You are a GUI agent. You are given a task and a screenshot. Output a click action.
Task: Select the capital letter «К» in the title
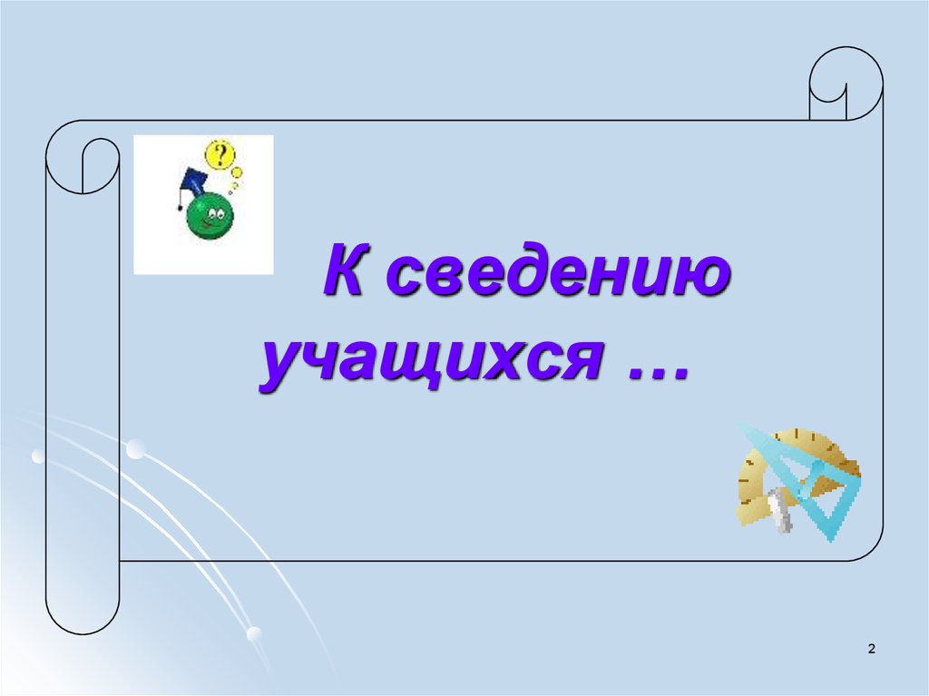pos(345,270)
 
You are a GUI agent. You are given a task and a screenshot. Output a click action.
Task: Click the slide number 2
pos(871,649)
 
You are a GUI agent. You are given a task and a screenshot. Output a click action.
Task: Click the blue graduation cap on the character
pos(194,181)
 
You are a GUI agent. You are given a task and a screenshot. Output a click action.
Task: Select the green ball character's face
pos(210,215)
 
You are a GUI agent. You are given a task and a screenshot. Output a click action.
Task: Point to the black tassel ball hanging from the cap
pos(180,208)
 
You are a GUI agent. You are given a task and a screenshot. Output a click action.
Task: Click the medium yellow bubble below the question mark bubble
pos(237,172)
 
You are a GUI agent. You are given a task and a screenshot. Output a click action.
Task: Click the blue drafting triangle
pos(813,481)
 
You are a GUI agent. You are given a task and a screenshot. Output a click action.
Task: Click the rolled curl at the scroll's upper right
pos(846,83)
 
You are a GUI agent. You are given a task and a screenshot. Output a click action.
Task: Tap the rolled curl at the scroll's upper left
pos(83,157)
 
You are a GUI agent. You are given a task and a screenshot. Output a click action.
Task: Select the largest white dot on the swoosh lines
pos(136,449)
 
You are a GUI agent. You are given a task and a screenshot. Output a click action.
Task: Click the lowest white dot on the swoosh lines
pos(254,633)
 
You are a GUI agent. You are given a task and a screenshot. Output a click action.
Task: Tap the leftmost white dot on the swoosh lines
pos(38,456)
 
